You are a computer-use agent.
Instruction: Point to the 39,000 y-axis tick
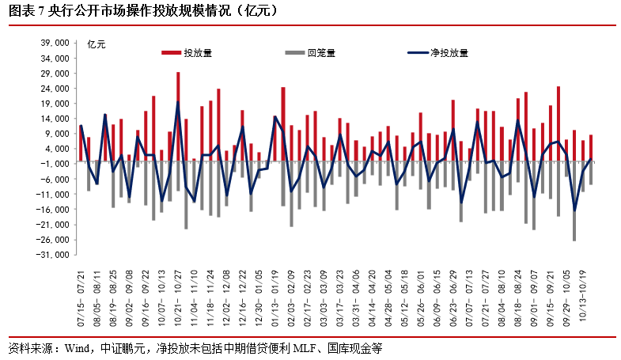56,44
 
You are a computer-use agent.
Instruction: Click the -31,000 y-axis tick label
55,255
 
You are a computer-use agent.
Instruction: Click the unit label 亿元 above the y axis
96,44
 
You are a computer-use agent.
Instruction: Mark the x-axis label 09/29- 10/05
566,292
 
